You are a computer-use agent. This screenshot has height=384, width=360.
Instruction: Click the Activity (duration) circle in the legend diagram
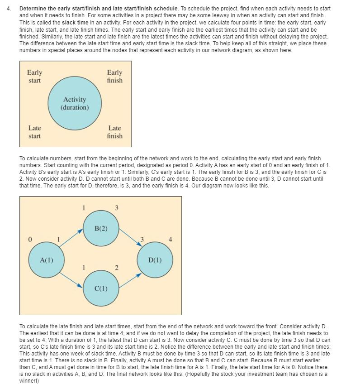(x=75, y=103)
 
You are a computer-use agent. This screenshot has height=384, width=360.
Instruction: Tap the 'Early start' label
(x=34, y=77)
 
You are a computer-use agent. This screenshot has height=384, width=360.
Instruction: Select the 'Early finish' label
(x=114, y=77)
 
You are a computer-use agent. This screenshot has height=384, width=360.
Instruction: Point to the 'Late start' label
(x=34, y=132)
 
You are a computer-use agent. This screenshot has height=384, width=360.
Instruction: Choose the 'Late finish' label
(x=114, y=132)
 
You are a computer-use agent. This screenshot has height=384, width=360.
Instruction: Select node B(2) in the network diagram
(x=101, y=228)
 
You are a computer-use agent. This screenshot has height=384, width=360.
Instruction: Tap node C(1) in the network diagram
(x=101, y=288)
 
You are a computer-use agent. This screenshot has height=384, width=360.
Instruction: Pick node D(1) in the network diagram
(x=155, y=260)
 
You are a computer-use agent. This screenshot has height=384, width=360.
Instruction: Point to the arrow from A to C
(x=71, y=278)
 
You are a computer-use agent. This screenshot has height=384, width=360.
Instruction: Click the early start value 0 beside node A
(x=30, y=239)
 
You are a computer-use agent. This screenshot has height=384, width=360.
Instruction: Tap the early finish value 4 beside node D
(x=171, y=239)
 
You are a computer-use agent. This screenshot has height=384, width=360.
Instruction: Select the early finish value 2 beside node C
(x=116, y=268)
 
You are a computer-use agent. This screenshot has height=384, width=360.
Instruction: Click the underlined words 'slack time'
(x=75, y=23)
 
